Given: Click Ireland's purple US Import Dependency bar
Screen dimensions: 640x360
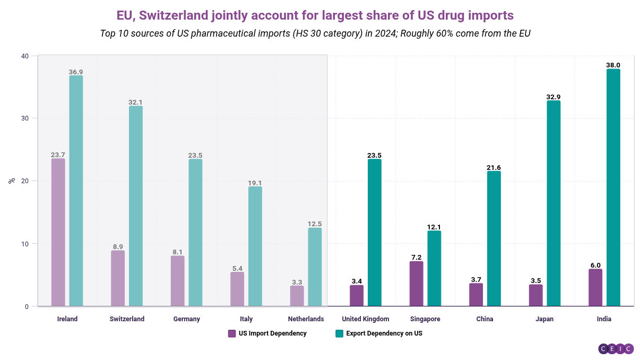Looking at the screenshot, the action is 58,233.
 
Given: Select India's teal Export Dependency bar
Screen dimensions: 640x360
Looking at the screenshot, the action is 613,187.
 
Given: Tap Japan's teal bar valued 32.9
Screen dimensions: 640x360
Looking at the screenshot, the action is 553,203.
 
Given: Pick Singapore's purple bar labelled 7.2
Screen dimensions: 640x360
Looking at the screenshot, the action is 416,284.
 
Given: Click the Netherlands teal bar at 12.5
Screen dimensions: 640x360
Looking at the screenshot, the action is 315,267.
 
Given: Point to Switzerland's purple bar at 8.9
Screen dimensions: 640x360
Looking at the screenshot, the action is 118,279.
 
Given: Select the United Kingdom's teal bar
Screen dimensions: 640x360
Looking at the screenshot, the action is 374,233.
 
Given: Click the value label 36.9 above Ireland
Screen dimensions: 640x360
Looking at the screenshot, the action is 76,72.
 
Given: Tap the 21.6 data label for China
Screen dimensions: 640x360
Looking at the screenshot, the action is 494,168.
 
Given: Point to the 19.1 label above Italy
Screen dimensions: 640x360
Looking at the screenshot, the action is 255,183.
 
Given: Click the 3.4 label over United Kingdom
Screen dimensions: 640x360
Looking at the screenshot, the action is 357,281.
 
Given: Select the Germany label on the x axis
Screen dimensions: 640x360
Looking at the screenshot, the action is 187,319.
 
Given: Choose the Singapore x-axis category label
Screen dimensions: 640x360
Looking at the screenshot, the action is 425,319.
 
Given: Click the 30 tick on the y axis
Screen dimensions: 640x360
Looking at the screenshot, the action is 25,118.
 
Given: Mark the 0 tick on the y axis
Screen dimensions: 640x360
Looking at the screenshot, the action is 27,307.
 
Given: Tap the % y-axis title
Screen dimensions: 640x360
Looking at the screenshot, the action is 12,181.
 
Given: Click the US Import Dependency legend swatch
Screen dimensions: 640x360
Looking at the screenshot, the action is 232,333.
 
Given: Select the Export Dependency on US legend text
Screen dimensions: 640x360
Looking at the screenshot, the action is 384,333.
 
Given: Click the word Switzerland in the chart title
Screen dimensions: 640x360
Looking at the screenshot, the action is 174,15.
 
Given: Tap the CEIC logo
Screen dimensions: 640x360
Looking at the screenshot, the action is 616,349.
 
